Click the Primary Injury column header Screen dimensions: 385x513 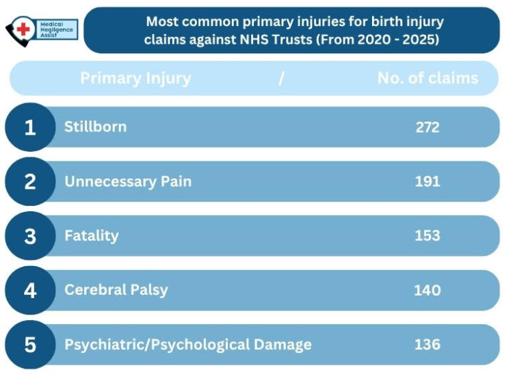pyautogui.click(x=135, y=78)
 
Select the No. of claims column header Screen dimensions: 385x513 pyautogui.click(x=428, y=78)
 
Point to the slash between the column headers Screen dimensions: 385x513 pyautogui.click(x=281, y=78)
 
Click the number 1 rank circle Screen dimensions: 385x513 pyautogui.click(x=30, y=127)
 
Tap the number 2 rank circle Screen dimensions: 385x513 pyautogui.click(x=30, y=182)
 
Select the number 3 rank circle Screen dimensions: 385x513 pyautogui.click(x=30, y=236)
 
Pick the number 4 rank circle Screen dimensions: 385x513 pyautogui.click(x=30, y=290)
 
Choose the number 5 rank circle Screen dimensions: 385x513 pyautogui.click(x=30, y=344)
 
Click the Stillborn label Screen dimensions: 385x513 pyautogui.click(x=95, y=127)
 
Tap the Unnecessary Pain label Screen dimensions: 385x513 pyautogui.click(x=128, y=181)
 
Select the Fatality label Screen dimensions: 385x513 pyautogui.click(x=92, y=236)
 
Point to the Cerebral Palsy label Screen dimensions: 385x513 pyautogui.click(x=116, y=289)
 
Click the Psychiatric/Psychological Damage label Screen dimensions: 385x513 pyautogui.click(x=188, y=344)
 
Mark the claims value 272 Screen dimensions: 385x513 pyautogui.click(x=428, y=127)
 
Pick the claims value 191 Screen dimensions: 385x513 pyautogui.click(x=428, y=181)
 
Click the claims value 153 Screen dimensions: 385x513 pyautogui.click(x=428, y=236)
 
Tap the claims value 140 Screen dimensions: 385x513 pyautogui.click(x=428, y=290)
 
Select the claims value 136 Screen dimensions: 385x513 pyautogui.click(x=428, y=344)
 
